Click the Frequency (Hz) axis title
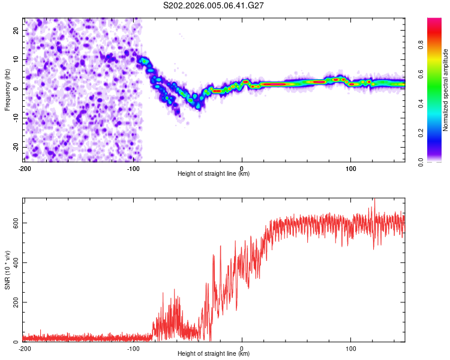coord(7,89)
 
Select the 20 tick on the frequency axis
coord(16,30)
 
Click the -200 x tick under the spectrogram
coord(24,167)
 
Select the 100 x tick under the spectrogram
coord(351,167)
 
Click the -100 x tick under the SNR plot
coord(133,348)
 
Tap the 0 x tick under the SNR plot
coord(242,348)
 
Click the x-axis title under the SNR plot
coord(214,354)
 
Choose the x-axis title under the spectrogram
coord(214,173)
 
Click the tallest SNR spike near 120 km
coord(374,200)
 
